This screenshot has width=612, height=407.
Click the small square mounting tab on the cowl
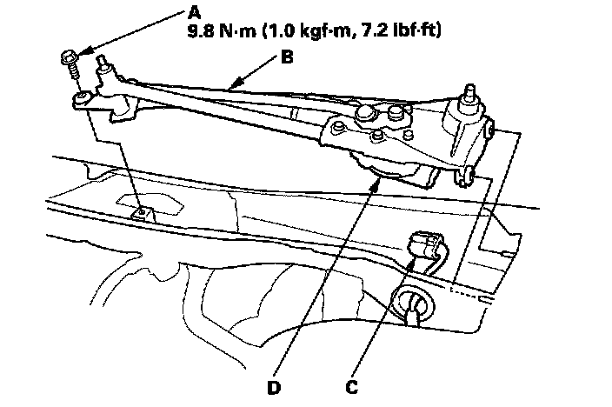pyautogui.click(x=138, y=211)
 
